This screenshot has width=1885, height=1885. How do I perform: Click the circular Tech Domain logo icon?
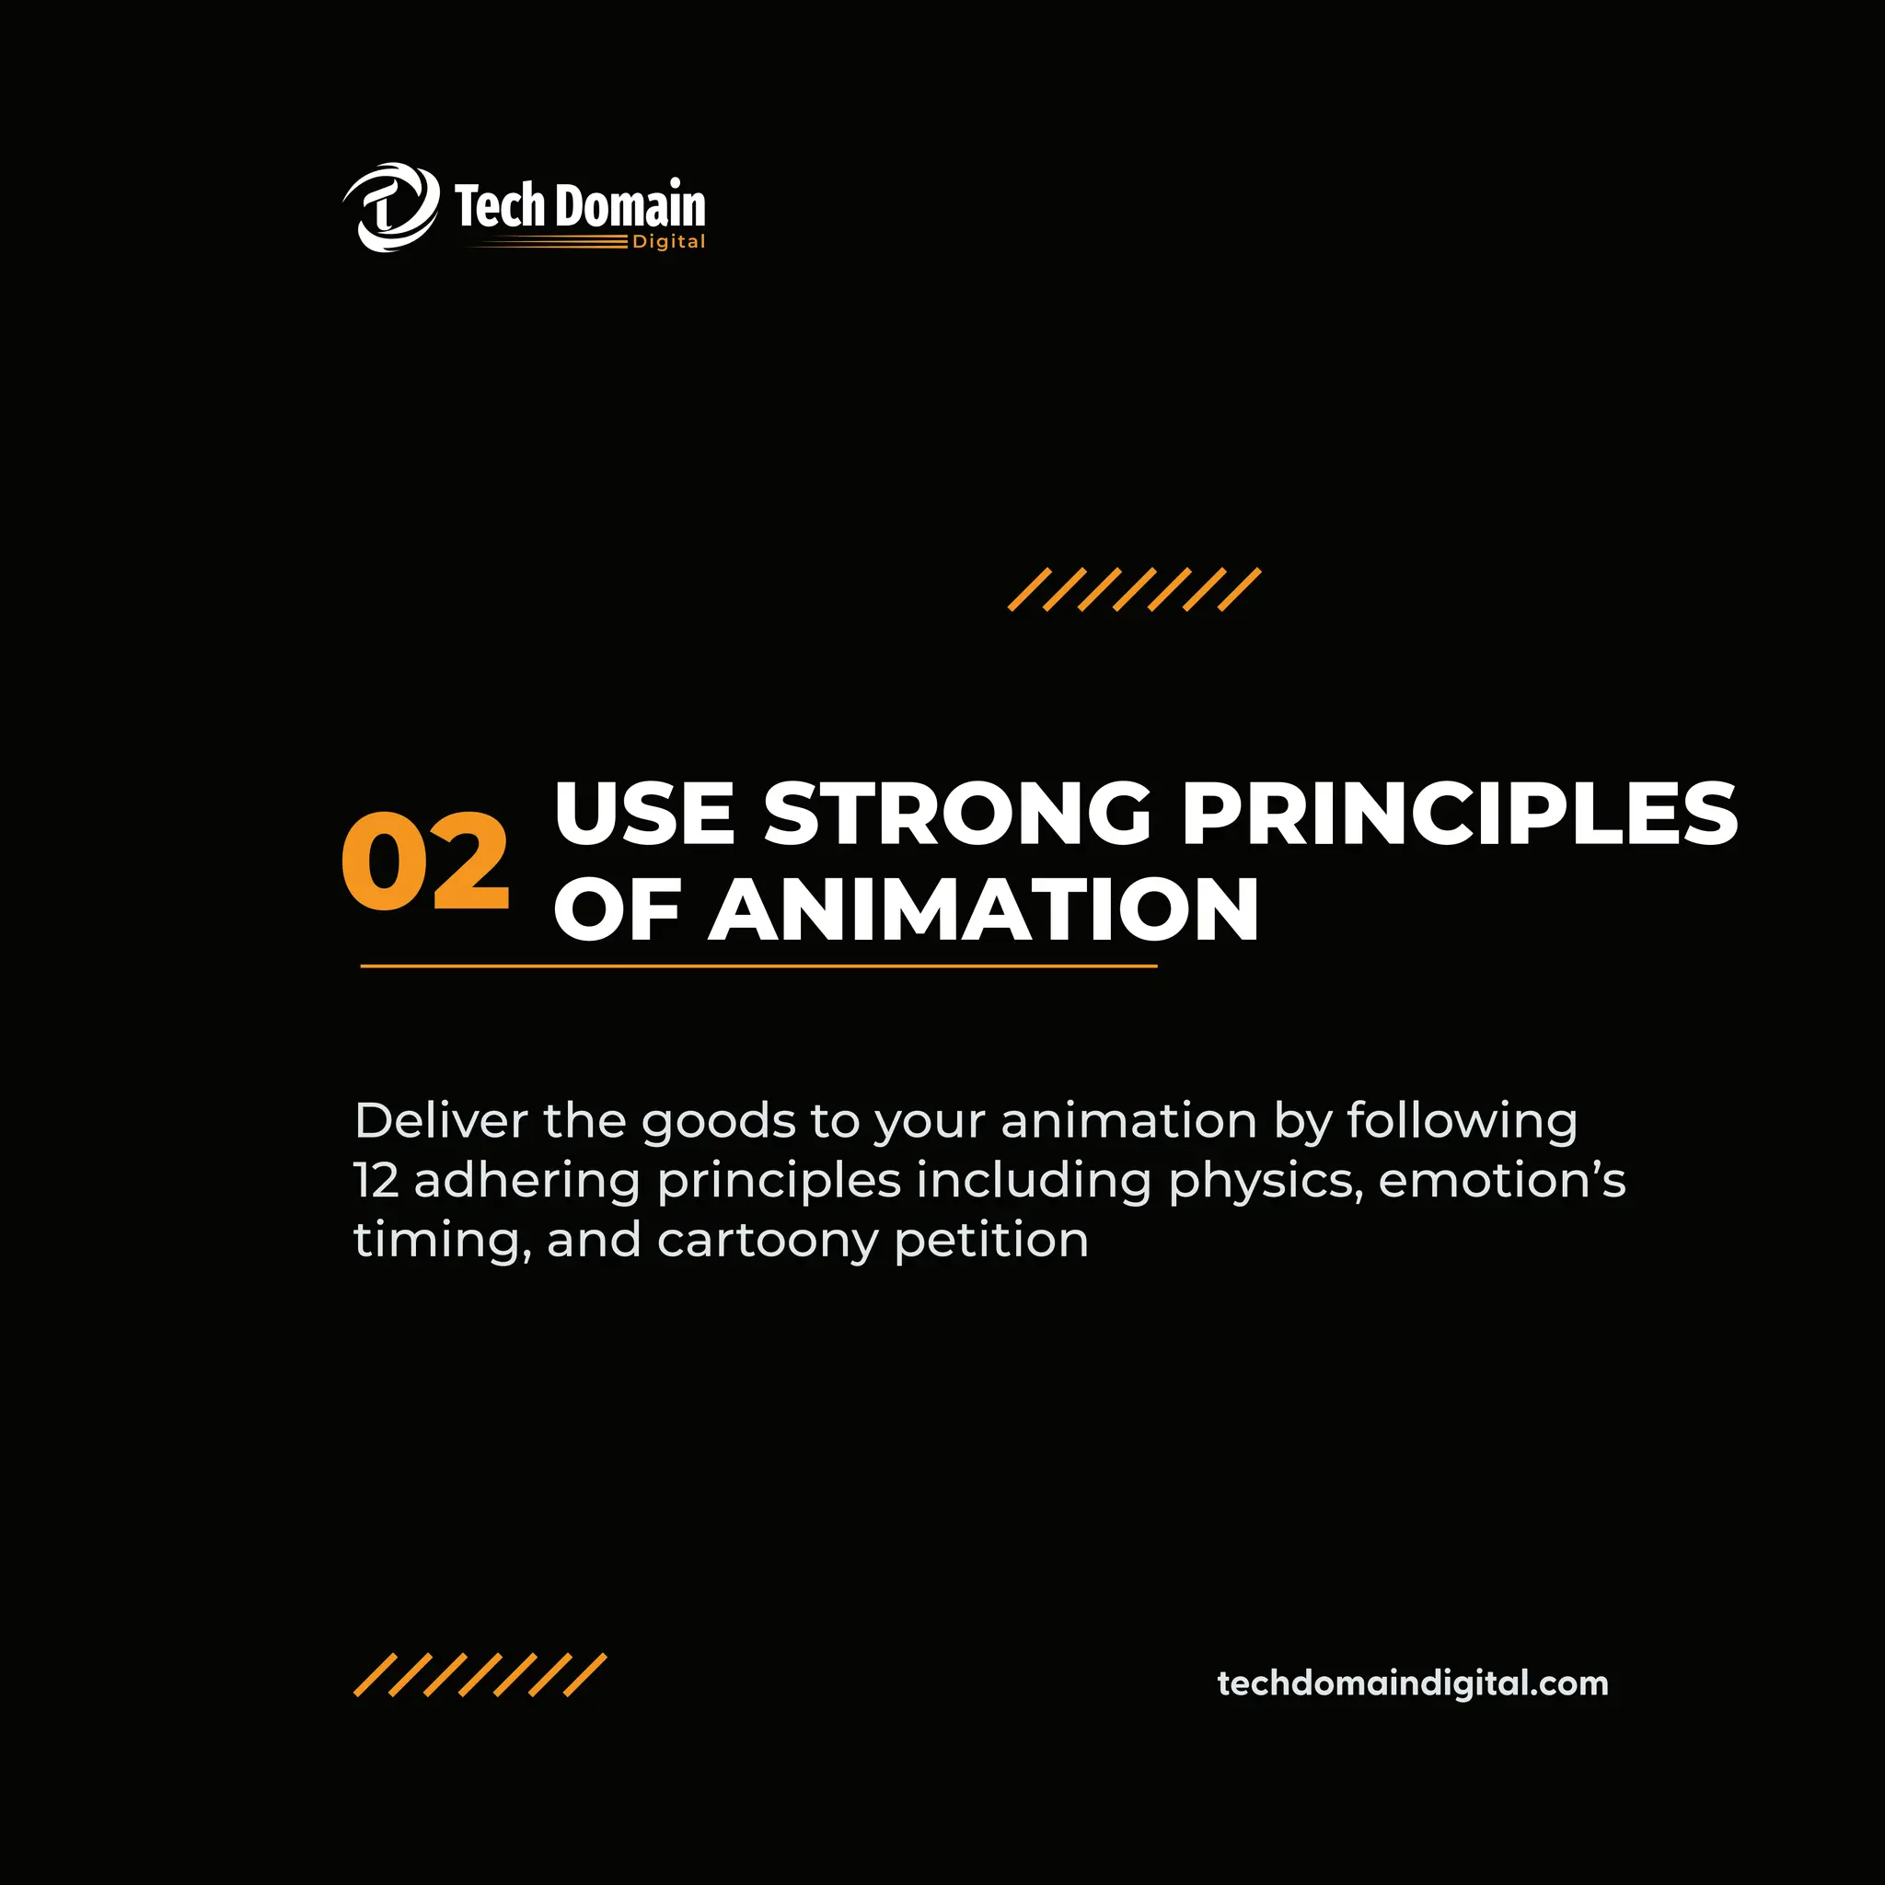[391, 208]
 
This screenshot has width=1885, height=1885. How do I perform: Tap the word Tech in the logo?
[499, 206]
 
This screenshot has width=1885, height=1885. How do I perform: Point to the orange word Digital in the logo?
[668, 242]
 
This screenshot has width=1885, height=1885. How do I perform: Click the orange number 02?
[425, 862]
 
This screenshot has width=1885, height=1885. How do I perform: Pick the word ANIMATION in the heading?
[984, 909]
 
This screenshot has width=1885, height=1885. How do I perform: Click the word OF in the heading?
[617, 909]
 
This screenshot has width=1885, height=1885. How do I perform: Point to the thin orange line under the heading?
[758, 966]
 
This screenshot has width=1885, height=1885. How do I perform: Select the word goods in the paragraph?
[718, 1122]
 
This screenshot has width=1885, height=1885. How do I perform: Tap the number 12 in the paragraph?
[376, 1181]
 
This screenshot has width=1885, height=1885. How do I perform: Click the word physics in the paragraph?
[1266, 1183]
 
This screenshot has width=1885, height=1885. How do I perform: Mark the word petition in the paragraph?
[991, 1242]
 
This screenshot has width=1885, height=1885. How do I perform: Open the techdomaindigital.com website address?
[1413, 1683]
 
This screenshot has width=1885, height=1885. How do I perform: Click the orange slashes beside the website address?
[480, 1675]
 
